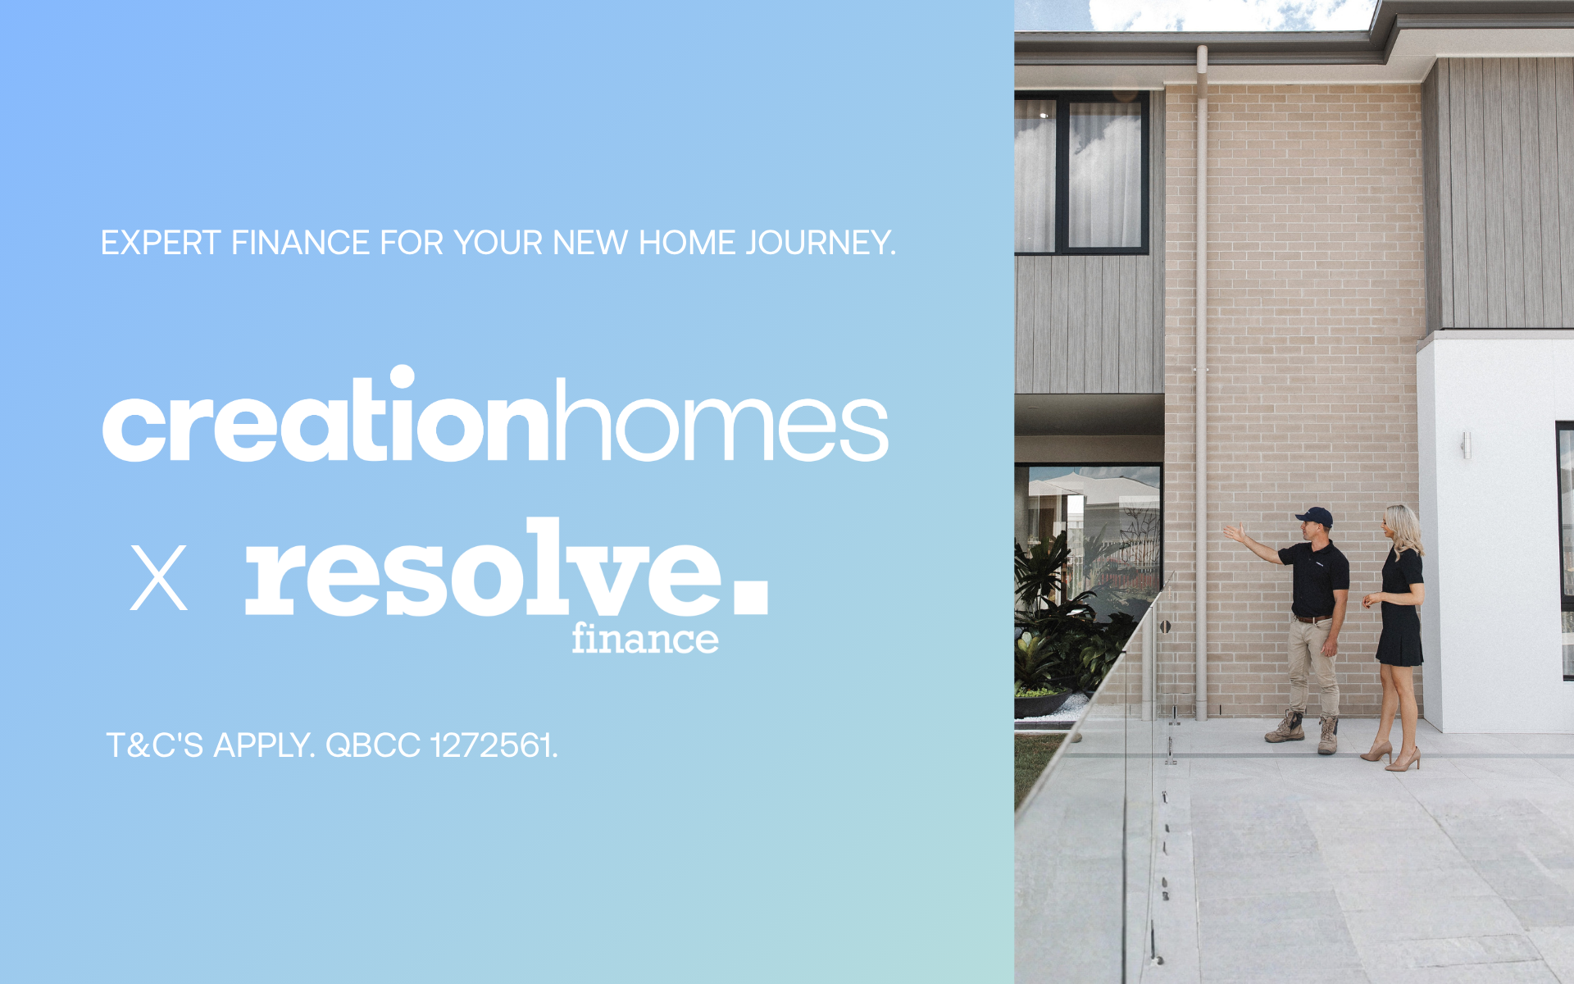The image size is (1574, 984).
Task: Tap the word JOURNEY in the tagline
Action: tap(821, 244)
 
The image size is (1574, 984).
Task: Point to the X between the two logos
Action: tap(159, 578)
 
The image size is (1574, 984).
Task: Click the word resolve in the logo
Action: tap(484, 567)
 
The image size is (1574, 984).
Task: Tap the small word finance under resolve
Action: tap(645, 638)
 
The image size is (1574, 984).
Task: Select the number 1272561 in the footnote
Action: tap(494, 745)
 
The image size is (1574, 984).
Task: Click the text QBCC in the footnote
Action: tap(373, 745)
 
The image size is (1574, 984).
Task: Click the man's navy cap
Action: tap(1315, 517)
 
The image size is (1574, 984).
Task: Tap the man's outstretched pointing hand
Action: tap(1234, 533)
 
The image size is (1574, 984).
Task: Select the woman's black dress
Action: tap(1400, 608)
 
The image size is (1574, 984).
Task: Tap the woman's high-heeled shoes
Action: tap(1392, 756)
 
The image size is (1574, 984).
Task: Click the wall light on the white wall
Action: tap(1466, 445)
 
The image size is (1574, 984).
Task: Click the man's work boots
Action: tap(1303, 732)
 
